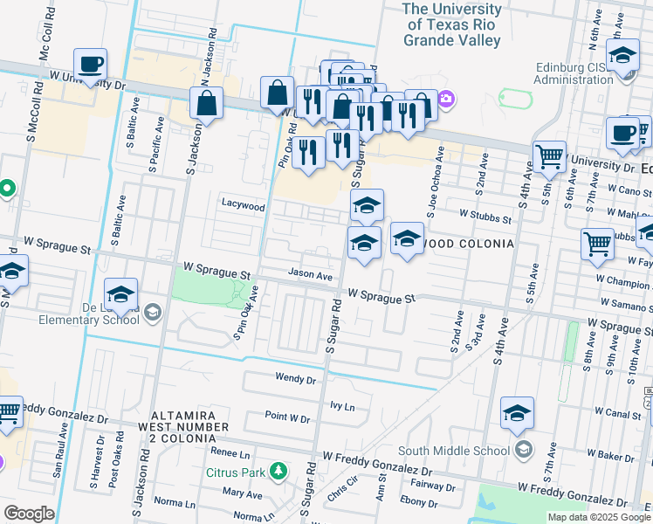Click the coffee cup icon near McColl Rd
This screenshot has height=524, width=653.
(91, 65)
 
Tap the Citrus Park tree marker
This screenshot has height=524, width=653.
(278, 472)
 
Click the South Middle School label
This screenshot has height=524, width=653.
(454, 451)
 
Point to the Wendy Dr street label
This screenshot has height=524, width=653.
(295, 379)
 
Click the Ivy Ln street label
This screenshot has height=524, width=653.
(343, 407)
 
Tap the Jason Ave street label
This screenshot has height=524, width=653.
(312, 276)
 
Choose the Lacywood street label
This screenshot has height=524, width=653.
(243, 207)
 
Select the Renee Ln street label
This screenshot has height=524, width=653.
(230, 453)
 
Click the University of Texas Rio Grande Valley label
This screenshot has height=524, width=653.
(452, 24)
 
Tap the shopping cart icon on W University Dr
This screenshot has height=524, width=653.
(549, 157)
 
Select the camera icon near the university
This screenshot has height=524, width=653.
(446, 99)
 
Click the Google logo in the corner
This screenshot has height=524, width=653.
(29, 514)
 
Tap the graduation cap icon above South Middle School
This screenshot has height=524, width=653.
(517, 414)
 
